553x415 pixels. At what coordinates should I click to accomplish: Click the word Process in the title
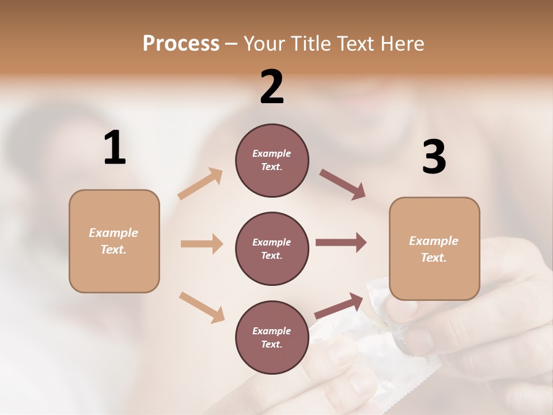[x=181, y=44]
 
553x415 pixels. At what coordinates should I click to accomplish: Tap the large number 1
[x=115, y=148]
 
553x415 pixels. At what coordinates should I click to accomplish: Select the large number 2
[x=272, y=87]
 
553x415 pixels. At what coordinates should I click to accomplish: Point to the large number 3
[x=434, y=157]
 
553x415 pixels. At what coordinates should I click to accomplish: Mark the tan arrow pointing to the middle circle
[x=202, y=244]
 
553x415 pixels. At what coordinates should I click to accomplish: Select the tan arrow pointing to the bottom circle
[x=202, y=307]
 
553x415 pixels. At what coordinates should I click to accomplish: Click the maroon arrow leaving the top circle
[x=343, y=184]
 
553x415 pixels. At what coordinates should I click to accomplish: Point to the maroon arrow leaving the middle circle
[x=341, y=243]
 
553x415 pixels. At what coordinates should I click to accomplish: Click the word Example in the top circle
[x=272, y=153]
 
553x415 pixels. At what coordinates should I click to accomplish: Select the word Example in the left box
[x=113, y=233]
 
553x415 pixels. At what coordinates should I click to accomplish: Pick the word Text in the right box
[x=433, y=258]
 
